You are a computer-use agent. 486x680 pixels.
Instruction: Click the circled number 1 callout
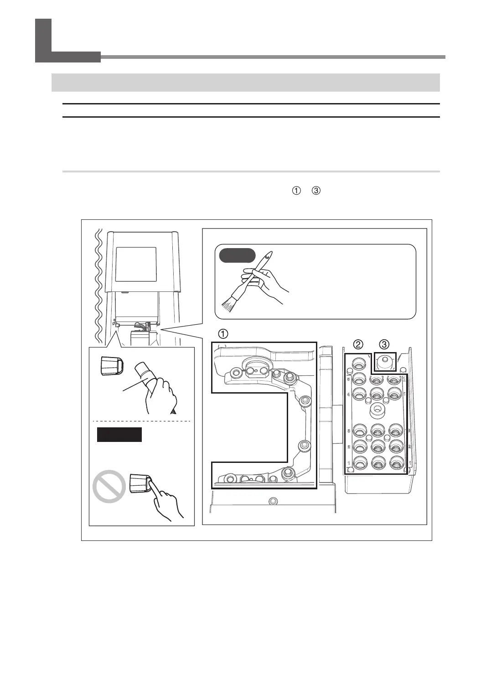pyautogui.click(x=222, y=334)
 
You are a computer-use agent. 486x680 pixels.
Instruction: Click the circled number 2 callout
pyautogui.click(x=359, y=344)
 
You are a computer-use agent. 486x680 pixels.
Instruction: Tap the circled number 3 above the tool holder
pyautogui.click(x=384, y=344)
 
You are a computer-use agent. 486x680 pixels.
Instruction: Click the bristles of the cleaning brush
pyautogui.click(x=228, y=304)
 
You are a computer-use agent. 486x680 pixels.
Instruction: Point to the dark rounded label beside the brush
pyautogui.click(x=237, y=255)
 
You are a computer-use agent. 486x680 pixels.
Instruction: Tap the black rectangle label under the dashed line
pyautogui.click(x=119, y=435)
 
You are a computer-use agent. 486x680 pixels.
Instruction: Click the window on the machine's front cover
pyautogui.click(x=136, y=265)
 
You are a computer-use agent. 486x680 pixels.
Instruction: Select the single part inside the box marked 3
pyautogui.click(x=385, y=362)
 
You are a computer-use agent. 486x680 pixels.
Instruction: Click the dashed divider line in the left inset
pyautogui.click(x=141, y=420)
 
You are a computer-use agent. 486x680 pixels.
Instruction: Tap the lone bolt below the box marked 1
pyautogui.click(x=273, y=501)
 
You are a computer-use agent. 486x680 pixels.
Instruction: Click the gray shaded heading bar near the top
pyautogui.click(x=245, y=83)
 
